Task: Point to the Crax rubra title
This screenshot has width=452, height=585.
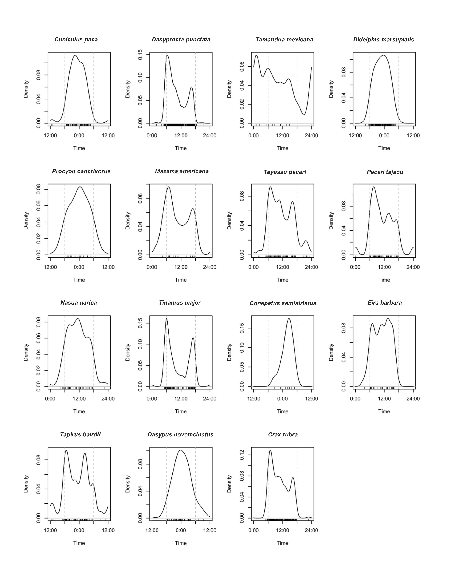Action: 283,434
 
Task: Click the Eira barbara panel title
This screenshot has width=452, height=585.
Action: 384,303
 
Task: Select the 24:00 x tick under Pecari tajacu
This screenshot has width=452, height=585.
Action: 413,267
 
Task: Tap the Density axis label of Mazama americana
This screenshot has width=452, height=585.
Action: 128,221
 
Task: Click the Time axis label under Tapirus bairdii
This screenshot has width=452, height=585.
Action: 79,543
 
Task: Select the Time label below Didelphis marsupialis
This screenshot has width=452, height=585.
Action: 384,148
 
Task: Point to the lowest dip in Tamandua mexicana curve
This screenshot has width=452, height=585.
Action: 304,115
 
